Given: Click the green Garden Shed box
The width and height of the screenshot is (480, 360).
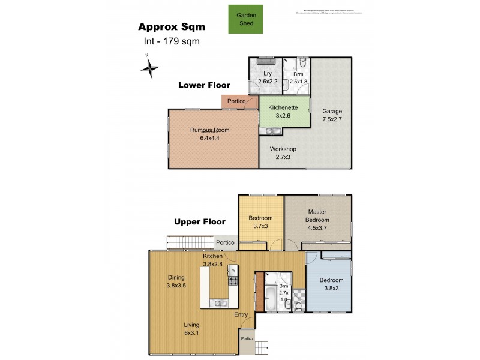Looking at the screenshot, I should [x=245, y=19].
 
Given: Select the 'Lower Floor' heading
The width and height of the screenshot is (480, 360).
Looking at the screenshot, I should [x=204, y=85].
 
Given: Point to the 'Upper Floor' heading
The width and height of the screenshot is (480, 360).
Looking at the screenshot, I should [x=199, y=221].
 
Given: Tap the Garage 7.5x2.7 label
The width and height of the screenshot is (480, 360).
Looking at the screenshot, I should [x=332, y=115].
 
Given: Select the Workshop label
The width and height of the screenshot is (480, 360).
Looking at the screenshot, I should [x=283, y=152].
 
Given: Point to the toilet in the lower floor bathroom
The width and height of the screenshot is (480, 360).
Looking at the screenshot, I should [x=302, y=62].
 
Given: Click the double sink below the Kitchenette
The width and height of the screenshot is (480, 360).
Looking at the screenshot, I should [x=273, y=131].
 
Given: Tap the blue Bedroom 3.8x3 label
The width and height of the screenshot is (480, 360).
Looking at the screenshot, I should [x=331, y=284].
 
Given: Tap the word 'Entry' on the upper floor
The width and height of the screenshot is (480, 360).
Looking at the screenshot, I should [x=241, y=314].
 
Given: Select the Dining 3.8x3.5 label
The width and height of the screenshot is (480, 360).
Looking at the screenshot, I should [x=176, y=281].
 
